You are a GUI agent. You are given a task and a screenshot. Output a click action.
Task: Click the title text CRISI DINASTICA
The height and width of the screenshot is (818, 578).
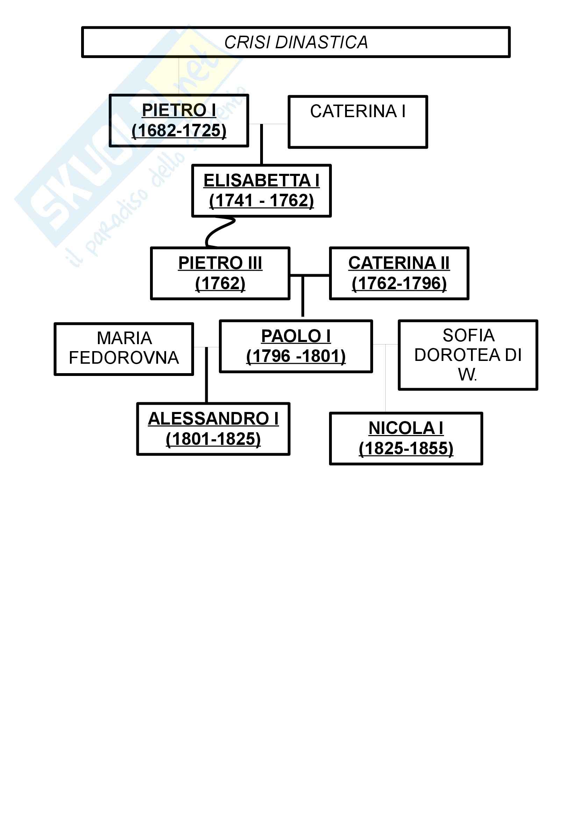tap(295, 42)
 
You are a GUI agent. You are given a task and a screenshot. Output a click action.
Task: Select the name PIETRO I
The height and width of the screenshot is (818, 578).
tap(179, 110)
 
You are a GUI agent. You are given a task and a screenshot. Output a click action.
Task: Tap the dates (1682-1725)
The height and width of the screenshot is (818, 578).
tap(179, 130)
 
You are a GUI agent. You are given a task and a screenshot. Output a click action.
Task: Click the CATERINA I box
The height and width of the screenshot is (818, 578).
tap(358, 121)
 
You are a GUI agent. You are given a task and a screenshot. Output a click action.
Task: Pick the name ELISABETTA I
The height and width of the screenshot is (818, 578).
tap(262, 180)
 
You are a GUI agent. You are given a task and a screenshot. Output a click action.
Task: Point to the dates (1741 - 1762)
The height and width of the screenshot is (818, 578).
tap(262, 201)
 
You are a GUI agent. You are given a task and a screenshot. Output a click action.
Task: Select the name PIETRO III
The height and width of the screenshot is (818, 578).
tap(220, 263)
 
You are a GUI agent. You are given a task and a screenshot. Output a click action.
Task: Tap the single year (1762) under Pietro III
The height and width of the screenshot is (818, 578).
tap(220, 284)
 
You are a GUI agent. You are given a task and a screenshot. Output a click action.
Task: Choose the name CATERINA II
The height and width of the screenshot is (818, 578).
tap(399, 263)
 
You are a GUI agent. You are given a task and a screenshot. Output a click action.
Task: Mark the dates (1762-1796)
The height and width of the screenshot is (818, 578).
tap(399, 284)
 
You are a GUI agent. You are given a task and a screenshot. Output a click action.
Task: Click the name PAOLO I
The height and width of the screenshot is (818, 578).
tap(295, 336)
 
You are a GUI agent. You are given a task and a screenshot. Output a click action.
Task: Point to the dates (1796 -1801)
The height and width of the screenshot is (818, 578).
tap(295, 356)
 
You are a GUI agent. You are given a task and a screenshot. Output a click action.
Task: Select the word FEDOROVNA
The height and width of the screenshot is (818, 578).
tap(123, 358)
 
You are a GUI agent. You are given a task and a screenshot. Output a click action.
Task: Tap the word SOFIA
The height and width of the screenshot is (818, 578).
tap(468, 335)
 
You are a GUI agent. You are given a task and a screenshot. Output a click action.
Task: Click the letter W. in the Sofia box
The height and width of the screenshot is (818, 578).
tap(468, 375)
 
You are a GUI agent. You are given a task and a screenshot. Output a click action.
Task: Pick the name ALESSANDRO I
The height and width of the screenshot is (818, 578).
tap(213, 419)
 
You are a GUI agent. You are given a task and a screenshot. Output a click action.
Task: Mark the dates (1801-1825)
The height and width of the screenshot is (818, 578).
tap(213, 439)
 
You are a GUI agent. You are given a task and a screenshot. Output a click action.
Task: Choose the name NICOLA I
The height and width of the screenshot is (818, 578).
tap(406, 428)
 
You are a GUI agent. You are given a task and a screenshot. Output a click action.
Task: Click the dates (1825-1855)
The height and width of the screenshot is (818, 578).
tap(406, 449)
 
